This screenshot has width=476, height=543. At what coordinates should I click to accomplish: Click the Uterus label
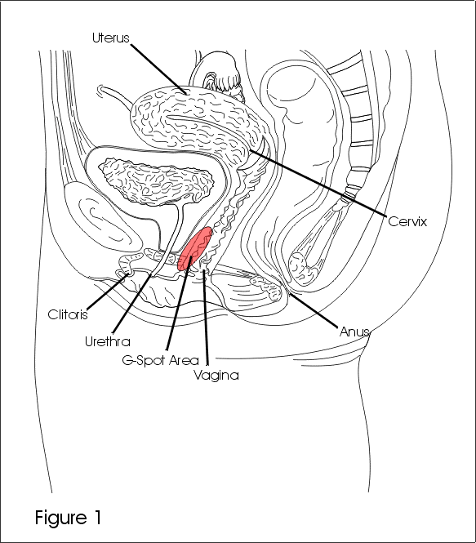[111, 38]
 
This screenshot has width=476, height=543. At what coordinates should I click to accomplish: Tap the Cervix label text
[407, 221]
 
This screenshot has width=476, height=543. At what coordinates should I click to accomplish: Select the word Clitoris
[68, 314]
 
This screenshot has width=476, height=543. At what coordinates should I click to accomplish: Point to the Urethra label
[108, 341]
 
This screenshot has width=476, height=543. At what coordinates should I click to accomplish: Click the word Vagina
[216, 376]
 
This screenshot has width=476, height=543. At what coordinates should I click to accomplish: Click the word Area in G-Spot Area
[185, 360]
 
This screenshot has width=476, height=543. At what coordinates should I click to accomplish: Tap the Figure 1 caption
[69, 518]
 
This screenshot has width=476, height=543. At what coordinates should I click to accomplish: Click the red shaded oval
[194, 248]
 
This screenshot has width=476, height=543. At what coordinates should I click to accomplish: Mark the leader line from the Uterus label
[159, 68]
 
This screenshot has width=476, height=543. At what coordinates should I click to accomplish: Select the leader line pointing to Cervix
[318, 184]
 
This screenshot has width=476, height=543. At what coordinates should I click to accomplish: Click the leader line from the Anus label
[313, 310]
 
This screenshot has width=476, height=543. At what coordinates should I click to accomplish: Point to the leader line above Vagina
[206, 317]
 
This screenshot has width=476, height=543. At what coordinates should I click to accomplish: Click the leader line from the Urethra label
[132, 304]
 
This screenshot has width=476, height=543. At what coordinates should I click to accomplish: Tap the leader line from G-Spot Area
[179, 303]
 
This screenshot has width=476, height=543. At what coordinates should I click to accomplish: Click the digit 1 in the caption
[98, 517]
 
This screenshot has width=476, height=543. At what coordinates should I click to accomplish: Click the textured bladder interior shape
[157, 180]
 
